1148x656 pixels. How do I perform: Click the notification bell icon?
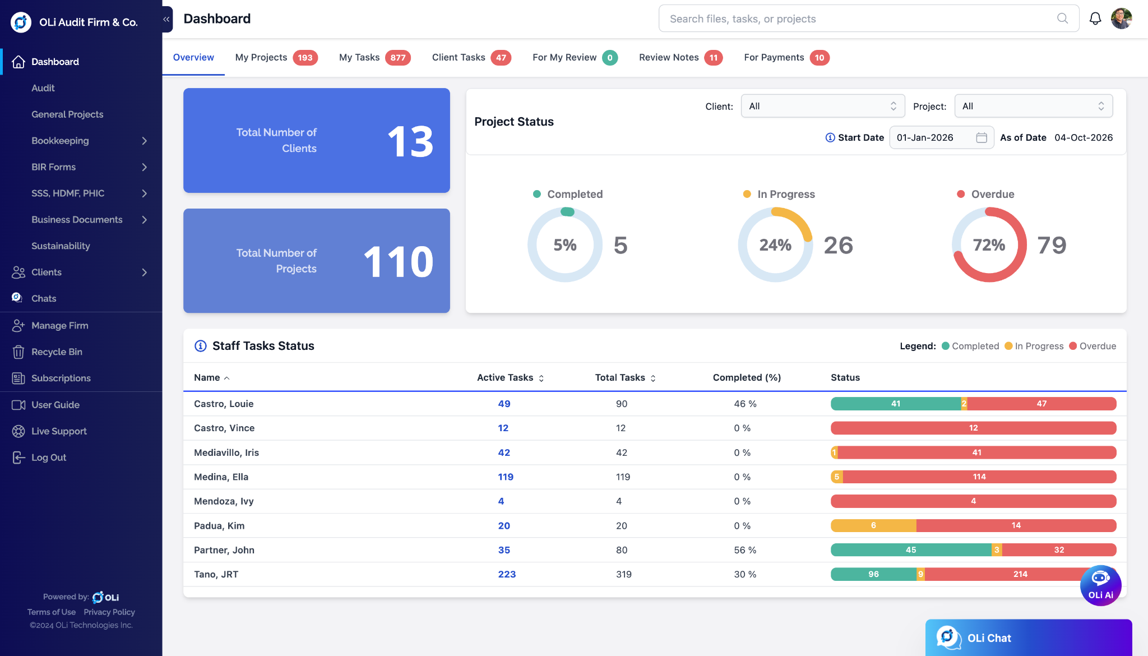(x=1095, y=19)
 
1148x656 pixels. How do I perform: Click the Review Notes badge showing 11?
(x=713, y=58)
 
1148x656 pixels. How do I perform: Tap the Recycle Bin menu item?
(x=57, y=352)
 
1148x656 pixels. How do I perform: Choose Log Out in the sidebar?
(x=49, y=458)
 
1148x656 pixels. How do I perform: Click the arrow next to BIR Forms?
(x=145, y=167)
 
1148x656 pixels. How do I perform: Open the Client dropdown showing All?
(x=823, y=106)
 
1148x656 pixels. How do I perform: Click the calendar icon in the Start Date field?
(x=981, y=137)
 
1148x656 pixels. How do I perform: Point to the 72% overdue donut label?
(x=989, y=245)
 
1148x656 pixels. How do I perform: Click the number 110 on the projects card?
(x=399, y=262)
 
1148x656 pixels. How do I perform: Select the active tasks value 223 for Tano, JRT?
(x=507, y=574)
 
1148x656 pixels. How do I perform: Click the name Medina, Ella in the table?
(x=221, y=477)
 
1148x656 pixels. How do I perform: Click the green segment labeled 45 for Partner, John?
(x=911, y=550)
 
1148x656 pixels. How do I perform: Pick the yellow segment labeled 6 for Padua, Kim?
(x=873, y=526)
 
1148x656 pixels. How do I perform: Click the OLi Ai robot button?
(x=1100, y=585)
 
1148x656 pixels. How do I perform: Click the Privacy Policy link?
(x=109, y=612)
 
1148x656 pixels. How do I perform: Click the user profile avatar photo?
(x=1121, y=19)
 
